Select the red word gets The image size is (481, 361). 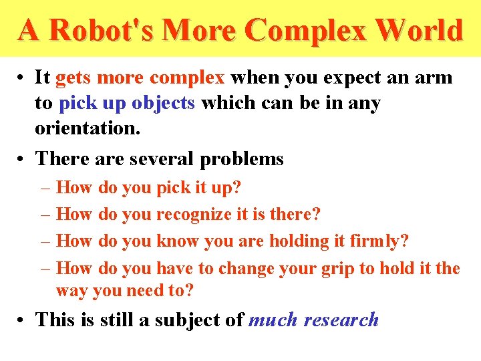(74, 78)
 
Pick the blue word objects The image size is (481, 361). (163, 103)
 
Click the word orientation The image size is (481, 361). (88, 128)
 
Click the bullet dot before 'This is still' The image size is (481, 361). (23, 320)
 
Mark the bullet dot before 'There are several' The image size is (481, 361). (23, 159)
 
